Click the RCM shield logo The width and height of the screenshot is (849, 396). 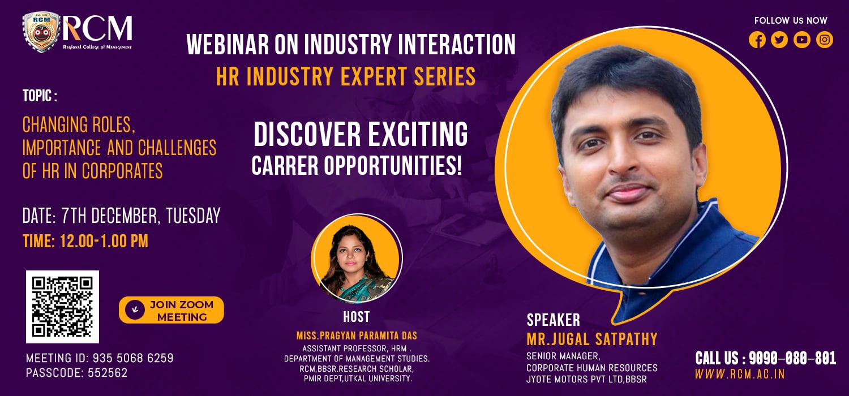point(41,33)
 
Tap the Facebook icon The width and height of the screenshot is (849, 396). point(757,40)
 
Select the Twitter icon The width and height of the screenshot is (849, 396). point(779,40)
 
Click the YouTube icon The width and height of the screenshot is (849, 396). point(802,40)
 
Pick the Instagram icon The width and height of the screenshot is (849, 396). point(825,40)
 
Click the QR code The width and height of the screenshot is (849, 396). point(62,307)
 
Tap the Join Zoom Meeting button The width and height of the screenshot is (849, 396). point(171,311)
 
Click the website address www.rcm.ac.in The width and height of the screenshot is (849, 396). point(740,375)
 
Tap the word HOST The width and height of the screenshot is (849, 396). point(356,317)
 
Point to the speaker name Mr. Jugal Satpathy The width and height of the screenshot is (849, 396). point(592,339)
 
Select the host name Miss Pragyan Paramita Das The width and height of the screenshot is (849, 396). point(357,336)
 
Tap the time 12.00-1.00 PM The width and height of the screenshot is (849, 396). point(85,241)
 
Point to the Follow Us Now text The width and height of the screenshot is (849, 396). point(791,20)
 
